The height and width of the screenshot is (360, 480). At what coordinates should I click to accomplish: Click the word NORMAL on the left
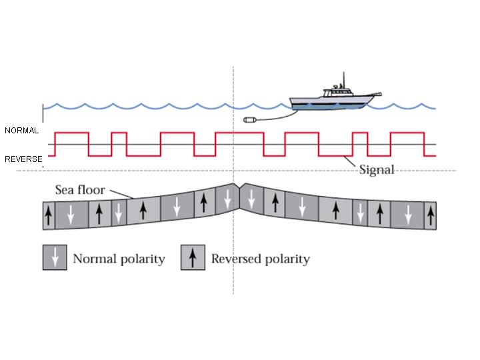coord(21,131)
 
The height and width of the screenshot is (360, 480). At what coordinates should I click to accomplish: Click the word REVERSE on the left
coord(23,159)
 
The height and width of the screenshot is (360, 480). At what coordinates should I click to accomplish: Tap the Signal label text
coord(377,169)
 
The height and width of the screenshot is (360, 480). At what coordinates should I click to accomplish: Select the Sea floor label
coord(79,190)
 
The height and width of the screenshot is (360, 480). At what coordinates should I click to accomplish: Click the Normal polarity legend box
coord(55,258)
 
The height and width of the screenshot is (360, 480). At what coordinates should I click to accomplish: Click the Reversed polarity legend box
coord(193,258)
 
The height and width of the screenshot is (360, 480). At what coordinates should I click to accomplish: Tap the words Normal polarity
coord(119,259)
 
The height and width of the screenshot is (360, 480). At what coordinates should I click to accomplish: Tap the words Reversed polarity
coord(261,259)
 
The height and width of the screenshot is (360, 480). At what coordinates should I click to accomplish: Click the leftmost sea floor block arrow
coord(48,217)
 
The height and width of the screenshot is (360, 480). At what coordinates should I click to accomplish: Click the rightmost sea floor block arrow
coord(430,215)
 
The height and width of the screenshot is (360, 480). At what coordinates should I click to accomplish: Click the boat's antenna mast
coord(343,80)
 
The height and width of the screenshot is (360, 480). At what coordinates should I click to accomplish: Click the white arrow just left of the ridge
coord(227,198)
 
